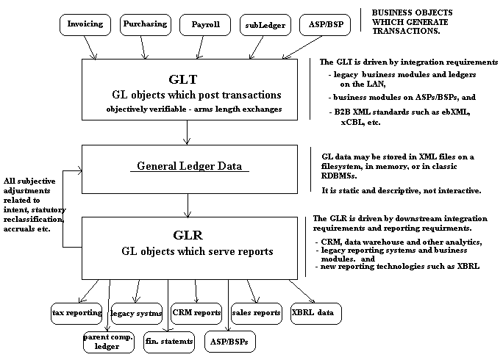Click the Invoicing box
click(85, 24)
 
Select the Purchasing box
click(144, 24)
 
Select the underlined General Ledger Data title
click(192, 167)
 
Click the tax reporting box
click(76, 313)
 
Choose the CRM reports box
click(196, 313)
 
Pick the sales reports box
click(256, 313)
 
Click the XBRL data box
click(315, 313)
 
